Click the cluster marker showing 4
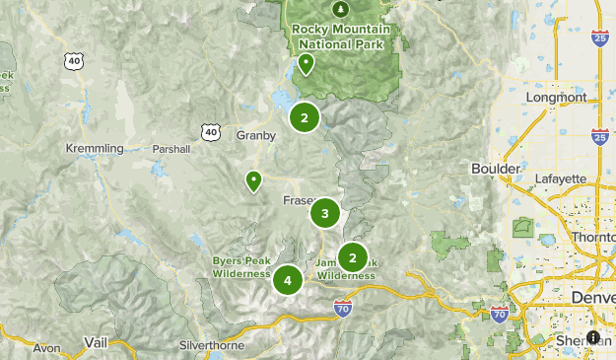[288, 280]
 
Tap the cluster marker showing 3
[325, 213]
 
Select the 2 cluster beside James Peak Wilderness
[352, 257]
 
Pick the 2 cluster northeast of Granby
[305, 118]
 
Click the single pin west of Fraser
[253, 180]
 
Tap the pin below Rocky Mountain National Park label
[307, 64]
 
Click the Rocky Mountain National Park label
[341, 36]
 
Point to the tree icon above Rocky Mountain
[341, 9]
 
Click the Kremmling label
[94, 149]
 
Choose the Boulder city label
[496, 169]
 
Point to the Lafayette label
[561, 179]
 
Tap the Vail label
[96, 341]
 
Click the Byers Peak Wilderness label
[241, 267]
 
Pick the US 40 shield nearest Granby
[210, 131]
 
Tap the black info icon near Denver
[593, 337]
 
